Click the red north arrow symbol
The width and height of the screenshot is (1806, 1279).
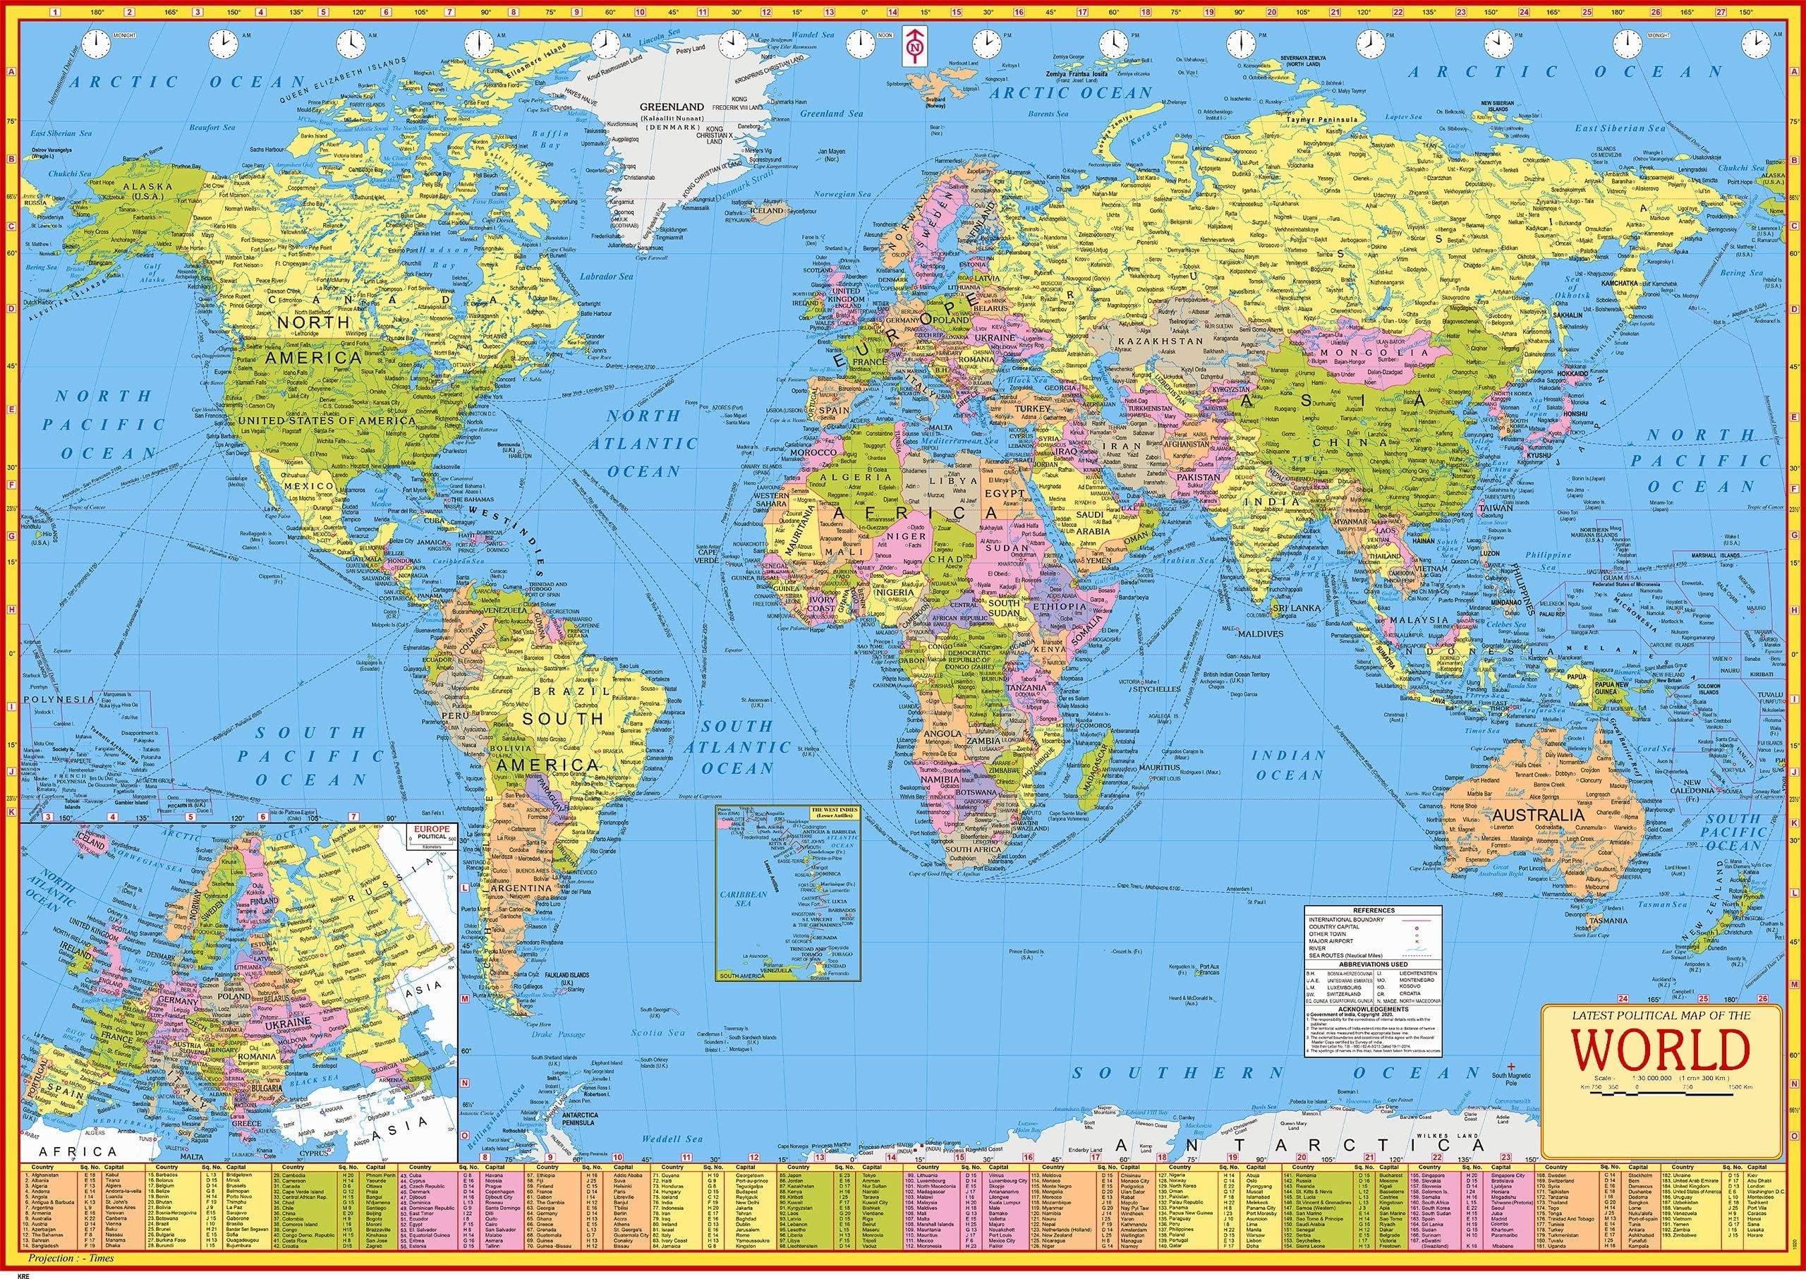[x=914, y=49]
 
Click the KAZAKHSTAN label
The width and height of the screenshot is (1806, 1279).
[x=1158, y=341]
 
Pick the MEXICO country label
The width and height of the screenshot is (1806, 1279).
[x=309, y=487]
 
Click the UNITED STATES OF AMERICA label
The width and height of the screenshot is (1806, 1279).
[x=326, y=420]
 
